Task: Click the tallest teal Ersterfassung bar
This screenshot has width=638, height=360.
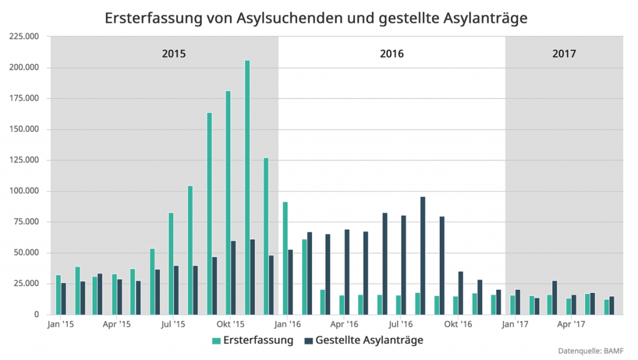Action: [x=247, y=187]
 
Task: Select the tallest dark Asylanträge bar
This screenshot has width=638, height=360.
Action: [x=422, y=255]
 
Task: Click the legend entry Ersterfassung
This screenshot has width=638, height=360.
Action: [x=252, y=340]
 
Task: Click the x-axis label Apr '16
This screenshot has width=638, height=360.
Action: [x=344, y=324]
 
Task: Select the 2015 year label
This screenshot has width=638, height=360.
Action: [x=174, y=54]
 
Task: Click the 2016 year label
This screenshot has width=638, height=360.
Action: [x=391, y=54]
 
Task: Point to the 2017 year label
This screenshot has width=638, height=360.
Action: [x=564, y=54]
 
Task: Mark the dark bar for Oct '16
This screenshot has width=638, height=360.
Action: [x=460, y=293]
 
